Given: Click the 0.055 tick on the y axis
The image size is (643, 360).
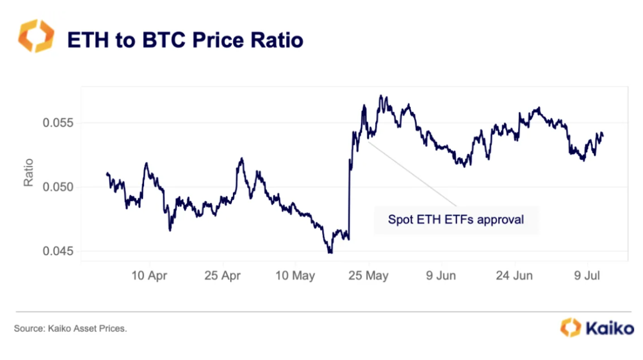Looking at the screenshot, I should (58, 123).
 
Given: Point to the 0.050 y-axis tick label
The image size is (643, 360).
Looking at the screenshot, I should (58, 187).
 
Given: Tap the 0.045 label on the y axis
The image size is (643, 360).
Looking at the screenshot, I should (58, 251).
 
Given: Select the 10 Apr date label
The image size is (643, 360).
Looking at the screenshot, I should (150, 276).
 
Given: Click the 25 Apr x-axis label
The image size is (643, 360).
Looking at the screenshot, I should (223, 276).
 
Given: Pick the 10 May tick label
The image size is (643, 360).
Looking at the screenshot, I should (296, 276).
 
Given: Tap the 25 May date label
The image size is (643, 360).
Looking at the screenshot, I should (369, 276).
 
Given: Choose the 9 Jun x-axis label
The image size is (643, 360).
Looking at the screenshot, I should (442, 276).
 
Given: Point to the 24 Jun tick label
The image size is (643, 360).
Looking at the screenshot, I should (514, 276).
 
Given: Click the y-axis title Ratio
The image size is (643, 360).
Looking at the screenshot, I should (28, 173).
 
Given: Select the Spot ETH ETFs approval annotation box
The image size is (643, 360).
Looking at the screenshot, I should (456, 219).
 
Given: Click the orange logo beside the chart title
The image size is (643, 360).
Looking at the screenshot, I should (36, 36).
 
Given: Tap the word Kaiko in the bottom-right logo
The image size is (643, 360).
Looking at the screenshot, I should (609, 328).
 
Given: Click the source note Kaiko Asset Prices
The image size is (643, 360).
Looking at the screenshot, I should (70, 328).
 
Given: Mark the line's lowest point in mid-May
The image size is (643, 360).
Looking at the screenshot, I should (330, 253).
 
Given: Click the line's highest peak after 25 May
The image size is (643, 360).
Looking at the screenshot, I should (381, 96).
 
